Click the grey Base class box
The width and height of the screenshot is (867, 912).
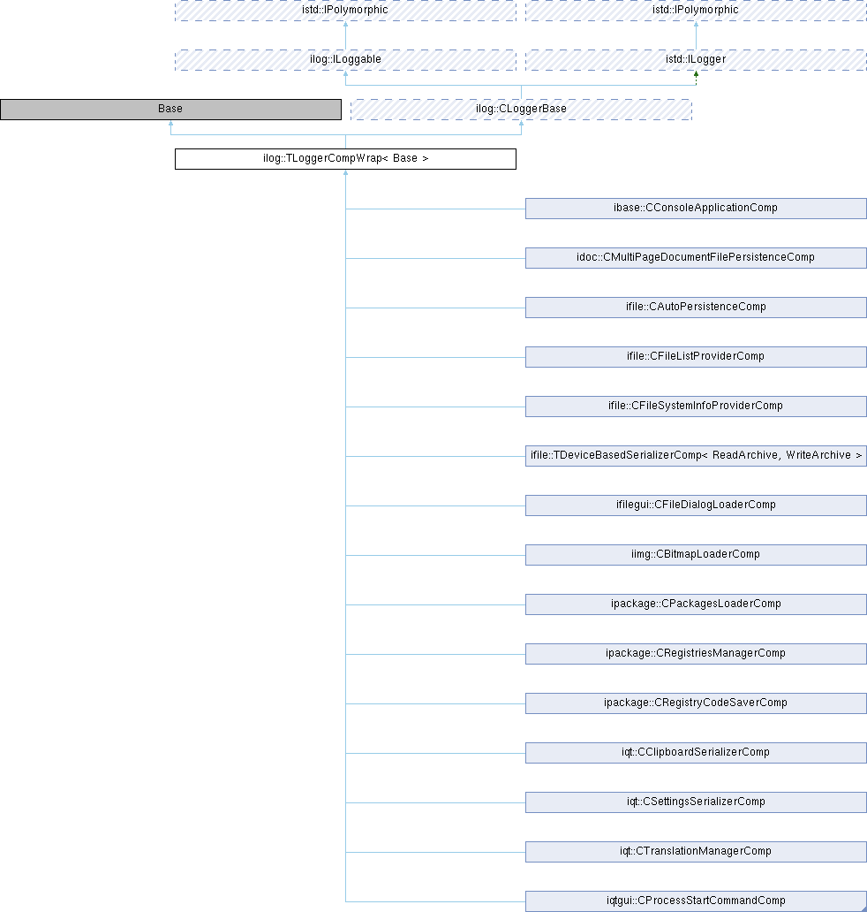(x=171, y=110)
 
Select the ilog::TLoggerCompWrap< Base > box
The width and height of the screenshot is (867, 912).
(x=346, y=159)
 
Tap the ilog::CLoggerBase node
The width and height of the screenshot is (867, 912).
(x=521, y=110)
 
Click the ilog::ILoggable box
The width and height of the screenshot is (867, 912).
(x=346, y=60)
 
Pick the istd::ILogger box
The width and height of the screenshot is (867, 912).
(x=696, y=60)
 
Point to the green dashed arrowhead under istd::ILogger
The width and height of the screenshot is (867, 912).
(x=696, y=74)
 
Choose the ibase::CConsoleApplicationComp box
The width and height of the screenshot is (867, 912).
(x=696, y=209)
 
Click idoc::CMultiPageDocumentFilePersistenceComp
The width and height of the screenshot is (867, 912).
(x=696, y=258)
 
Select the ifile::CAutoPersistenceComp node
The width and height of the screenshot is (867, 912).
(x=696, y=308)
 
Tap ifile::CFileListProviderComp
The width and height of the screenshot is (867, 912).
(x=696, y=356)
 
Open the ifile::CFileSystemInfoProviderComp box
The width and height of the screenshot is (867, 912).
(x=696, y=406)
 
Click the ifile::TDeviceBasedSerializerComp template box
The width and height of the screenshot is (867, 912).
(x=696, y=455)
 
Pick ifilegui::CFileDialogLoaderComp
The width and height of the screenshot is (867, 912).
(x=696, y=505)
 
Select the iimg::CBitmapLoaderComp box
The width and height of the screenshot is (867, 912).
(x=696, y=554)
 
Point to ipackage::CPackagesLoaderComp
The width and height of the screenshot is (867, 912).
(x=696, y=604)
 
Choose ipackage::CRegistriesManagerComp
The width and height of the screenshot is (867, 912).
(x=696, y=653)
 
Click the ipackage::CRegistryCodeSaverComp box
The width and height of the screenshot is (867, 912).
(x=696, y=703)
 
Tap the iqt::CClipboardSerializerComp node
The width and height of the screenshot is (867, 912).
(x=696, y=752)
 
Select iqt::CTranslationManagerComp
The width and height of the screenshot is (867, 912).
(x=696, y=851)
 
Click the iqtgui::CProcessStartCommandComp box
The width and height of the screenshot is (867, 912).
(x=696, y=901)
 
